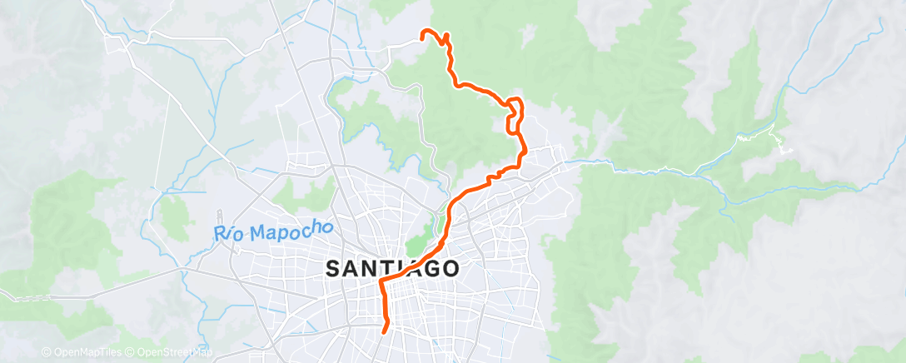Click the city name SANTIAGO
(391, 268)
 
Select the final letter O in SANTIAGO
(449, 269)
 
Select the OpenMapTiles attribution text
(85, 352)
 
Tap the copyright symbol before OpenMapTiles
(46, 352)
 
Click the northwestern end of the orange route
(422, 34)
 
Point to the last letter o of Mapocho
(305, 226)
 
